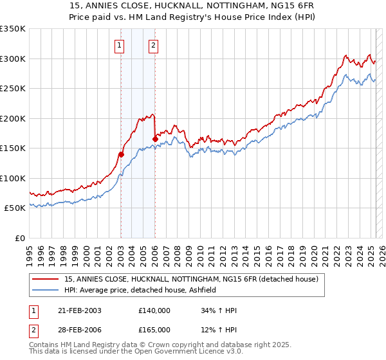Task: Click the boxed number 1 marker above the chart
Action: pos(120,45)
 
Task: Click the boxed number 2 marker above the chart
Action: pos(154,45)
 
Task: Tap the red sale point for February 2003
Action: pos(121,154)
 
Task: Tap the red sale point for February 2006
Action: pos(155,139)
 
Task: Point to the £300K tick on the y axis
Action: pos(13,59)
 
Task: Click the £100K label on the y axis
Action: pos(13,178)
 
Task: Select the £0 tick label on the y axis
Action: pos(19,238)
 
